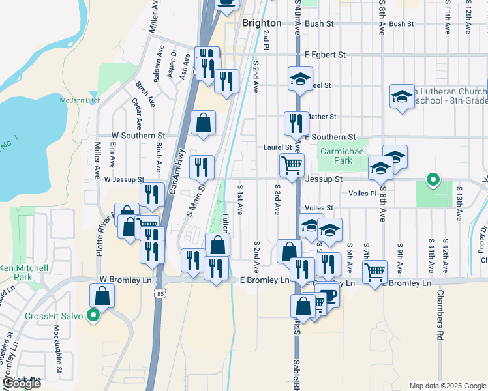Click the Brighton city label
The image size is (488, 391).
click(262, 23)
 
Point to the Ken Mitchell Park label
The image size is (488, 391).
click(23, 272)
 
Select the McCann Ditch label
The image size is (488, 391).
click(78, 100)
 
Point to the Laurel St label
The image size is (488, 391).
click(277, 147)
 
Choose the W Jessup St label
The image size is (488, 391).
click(123, 179)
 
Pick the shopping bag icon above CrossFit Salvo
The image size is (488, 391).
click(104, 295)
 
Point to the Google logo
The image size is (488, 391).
click(21, 384)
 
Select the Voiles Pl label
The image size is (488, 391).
click(363, 194)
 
